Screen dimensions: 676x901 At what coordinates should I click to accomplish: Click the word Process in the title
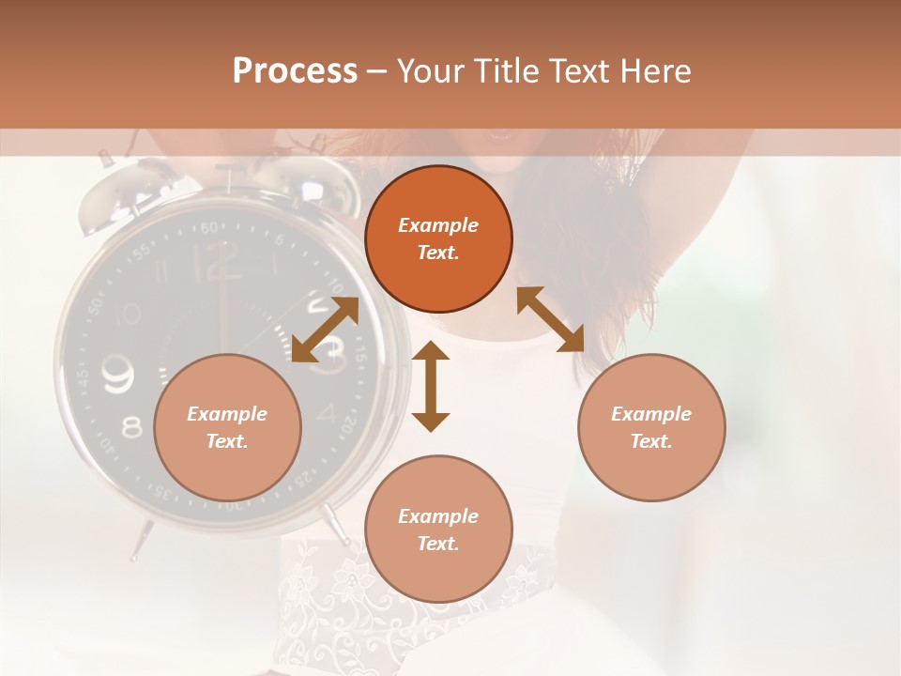pos(295,71)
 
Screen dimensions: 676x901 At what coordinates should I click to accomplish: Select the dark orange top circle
pos(438,239)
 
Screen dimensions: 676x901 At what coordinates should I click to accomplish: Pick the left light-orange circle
pos(227,427)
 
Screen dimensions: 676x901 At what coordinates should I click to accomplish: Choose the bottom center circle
pos(438,529)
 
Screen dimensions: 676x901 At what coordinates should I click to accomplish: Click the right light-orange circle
pos(651,427)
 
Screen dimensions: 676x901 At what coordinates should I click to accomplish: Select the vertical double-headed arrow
pos(431,386)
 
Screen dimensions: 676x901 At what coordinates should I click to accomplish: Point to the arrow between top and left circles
pos(325,330)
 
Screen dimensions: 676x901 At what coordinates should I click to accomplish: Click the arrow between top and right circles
pos(551,319)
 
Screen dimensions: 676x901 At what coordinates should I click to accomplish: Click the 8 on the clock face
pos(131,428)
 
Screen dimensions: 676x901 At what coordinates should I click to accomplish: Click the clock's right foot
pos(333,522)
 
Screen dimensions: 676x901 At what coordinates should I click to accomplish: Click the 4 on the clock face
pos(326,413)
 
